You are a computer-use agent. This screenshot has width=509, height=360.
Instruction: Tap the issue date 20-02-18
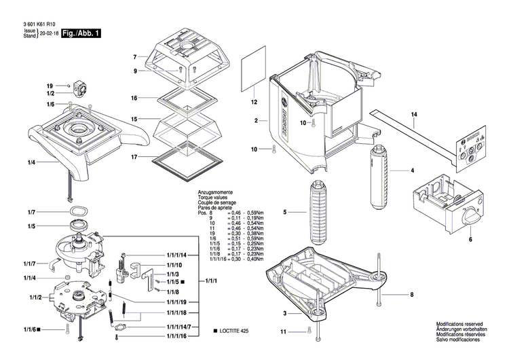pos(49,33)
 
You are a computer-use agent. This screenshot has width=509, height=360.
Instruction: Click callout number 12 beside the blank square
pos(254,103)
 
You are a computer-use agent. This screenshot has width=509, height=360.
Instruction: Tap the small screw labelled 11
pos(309,331)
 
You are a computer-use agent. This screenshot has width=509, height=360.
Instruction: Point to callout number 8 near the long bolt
pos(410,294)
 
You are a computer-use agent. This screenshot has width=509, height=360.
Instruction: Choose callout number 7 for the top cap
pos(135,56)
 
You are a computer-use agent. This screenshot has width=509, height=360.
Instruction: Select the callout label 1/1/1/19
pos(175,302)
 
